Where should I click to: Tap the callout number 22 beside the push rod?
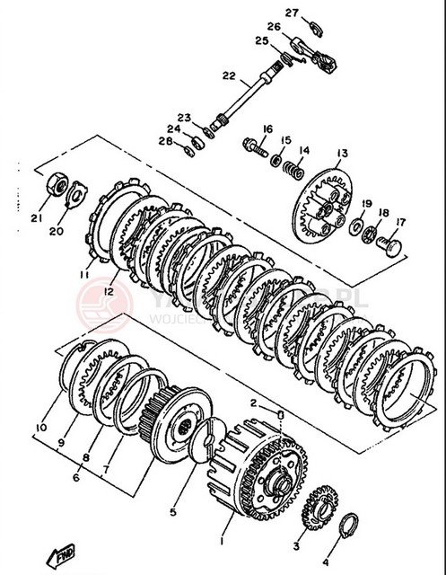(204, 75)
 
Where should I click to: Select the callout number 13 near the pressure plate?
(342, 153)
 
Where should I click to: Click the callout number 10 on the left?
(40, 426)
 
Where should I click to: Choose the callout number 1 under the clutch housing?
(224, 543)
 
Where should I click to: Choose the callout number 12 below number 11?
(109, 291)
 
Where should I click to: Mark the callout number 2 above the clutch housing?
(254, 402)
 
